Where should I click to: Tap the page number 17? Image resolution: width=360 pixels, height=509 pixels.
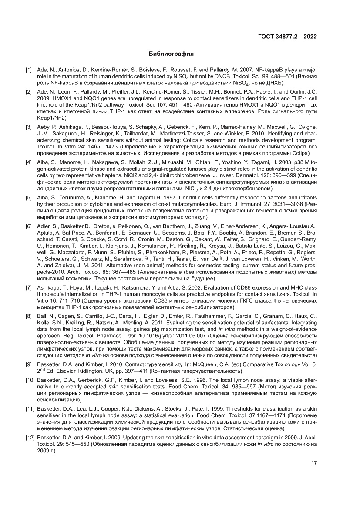point(313,463)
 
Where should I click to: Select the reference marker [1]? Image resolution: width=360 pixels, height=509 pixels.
point(29,70)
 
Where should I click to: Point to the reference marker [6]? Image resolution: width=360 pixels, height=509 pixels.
point(29,227)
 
